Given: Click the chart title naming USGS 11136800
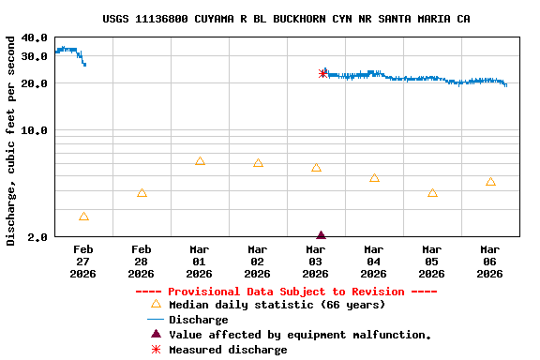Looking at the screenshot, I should (x=286, y=19).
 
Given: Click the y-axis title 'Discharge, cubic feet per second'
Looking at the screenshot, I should (x=11, y=141).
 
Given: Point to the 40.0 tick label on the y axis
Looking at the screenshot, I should (x=34, y=38).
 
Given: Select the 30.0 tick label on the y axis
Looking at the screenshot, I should (x=34, y=56).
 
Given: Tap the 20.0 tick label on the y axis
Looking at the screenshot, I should (x=34, y=83).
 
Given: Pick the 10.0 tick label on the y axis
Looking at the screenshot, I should (x=34, y=130).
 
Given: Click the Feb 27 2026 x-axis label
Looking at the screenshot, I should (x=83, y=262).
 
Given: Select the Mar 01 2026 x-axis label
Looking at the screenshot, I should (x=199, y=262).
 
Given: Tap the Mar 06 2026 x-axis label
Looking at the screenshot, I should (x=489, y=262).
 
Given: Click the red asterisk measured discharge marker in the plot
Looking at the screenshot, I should (x=323, y=73).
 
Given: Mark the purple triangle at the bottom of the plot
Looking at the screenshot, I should (x=321, y=235).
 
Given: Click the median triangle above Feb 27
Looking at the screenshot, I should (x=84, y=217).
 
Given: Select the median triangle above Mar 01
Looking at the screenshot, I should (x=200, y=160).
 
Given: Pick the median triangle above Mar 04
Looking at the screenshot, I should (x=374, y=177).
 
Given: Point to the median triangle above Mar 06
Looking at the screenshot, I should (x=490, y=181).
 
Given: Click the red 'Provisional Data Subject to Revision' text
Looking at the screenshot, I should (x=286, y=292).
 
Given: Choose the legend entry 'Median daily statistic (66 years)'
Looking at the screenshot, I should (x=277, y=305).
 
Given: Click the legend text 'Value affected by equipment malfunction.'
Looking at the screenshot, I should (x=300, y=335).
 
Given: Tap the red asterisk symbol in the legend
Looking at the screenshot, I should (x=156, y=350).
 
